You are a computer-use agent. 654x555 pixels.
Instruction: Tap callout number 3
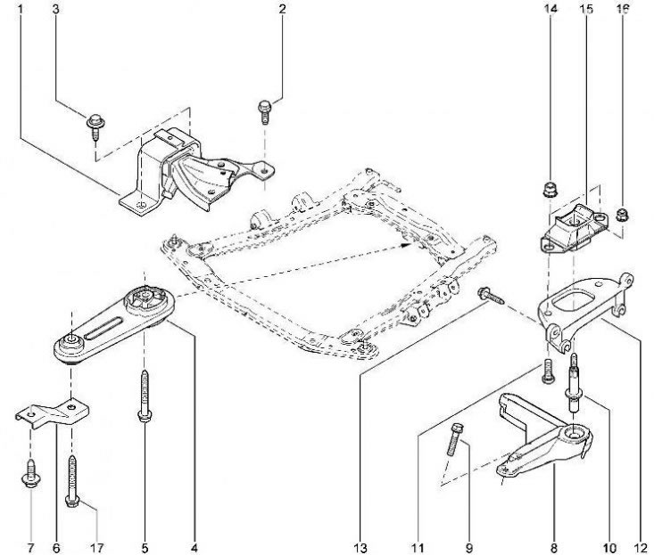point(56,10)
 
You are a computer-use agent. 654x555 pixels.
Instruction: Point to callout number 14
point(551,10)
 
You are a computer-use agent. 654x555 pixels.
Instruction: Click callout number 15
point(586,10)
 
